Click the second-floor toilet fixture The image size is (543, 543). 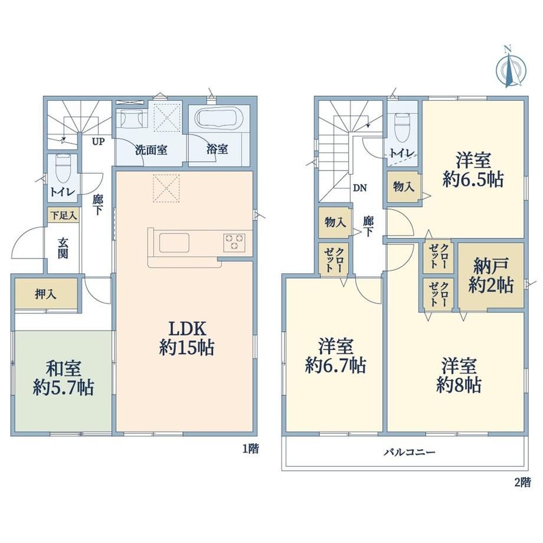[x=402, y=128]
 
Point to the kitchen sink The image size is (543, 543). [x=174, y=243]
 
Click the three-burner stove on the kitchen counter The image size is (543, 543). [x=234, y=242]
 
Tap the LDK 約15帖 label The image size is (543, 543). [x=187, y=338]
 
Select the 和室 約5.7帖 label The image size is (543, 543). [x=64, y=378]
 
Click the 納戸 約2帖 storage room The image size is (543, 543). [x=490, y=276]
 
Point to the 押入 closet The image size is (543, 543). [x=45, y=294]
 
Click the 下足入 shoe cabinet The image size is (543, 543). [x=63, y=215]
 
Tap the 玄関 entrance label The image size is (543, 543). [x=63, y=248]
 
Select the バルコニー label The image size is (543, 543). [x=409, y=452]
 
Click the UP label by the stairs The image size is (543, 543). [x=98, y=141]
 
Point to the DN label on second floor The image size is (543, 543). [x=360, y=188]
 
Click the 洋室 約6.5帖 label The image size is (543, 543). [x=473, y=170]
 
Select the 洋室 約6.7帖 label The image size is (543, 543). [x=336, y=356]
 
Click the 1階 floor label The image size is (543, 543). [x=250, y=449]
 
